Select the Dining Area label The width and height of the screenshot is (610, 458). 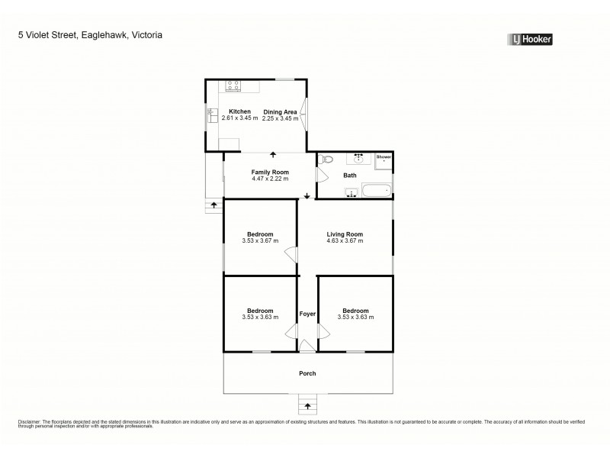pyautogui.click(x=280, y=111)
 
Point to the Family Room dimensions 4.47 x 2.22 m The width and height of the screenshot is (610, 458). pyautogui.click(x=269, y=179)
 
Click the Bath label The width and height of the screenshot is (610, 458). pyautogui.click(x=350, y=176)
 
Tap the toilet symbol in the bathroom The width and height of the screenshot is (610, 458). pyautogui.click(x=327, y=160)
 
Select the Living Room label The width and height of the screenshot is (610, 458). pyautogui.click(x=345, y=234)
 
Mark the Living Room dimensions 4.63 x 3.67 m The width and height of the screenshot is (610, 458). pyautogui.click(x=345, y=241)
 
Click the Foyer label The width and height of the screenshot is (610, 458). pyautogui.click(x=307, y=314)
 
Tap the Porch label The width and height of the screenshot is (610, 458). pyautogui.click(x=307, y=373)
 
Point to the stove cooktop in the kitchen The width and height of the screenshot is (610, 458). pyautogui.click(x=234, y=85)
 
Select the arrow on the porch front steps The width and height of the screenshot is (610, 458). pyautogui.click(x=307, y=405)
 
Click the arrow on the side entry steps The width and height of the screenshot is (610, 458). pyautogui.click(x=214, y=205)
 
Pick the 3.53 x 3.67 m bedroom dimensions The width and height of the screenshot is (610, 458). pyautogui.click(x=260, y=241)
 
